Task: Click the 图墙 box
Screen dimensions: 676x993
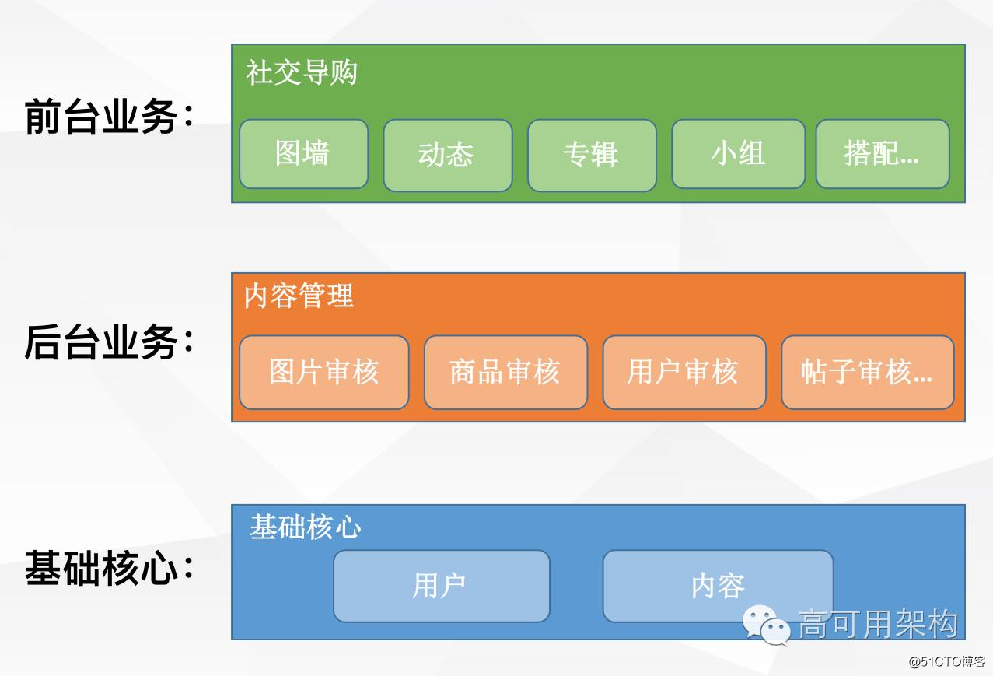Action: (x=303, y=154)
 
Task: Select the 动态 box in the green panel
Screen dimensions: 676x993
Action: (x=447, y=155)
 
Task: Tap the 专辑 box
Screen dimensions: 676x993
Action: (x=591, y=155)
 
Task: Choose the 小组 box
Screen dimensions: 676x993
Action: (x=738, y=154)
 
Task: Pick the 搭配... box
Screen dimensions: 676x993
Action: (x=882, y=154)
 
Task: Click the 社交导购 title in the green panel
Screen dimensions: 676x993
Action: (x=302, y=73)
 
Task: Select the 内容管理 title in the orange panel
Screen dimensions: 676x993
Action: (x=299, y=296)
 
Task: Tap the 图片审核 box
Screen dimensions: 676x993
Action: (x=323, y=372)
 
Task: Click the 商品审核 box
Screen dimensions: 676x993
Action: (x=505, y=372)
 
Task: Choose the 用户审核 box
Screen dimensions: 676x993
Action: (x=684, y=372)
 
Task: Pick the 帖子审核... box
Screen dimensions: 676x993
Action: (x=867, y=372)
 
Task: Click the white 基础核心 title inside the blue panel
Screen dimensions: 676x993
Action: (x=306, y=527)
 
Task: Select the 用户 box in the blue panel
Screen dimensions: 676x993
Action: (x=441, y=586)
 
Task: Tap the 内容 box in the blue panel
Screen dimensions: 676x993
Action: (x=718, y=586)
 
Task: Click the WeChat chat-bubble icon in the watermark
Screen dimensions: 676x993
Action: (x=766, y=625)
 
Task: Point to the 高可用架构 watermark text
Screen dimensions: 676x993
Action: (x=878, y=624)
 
